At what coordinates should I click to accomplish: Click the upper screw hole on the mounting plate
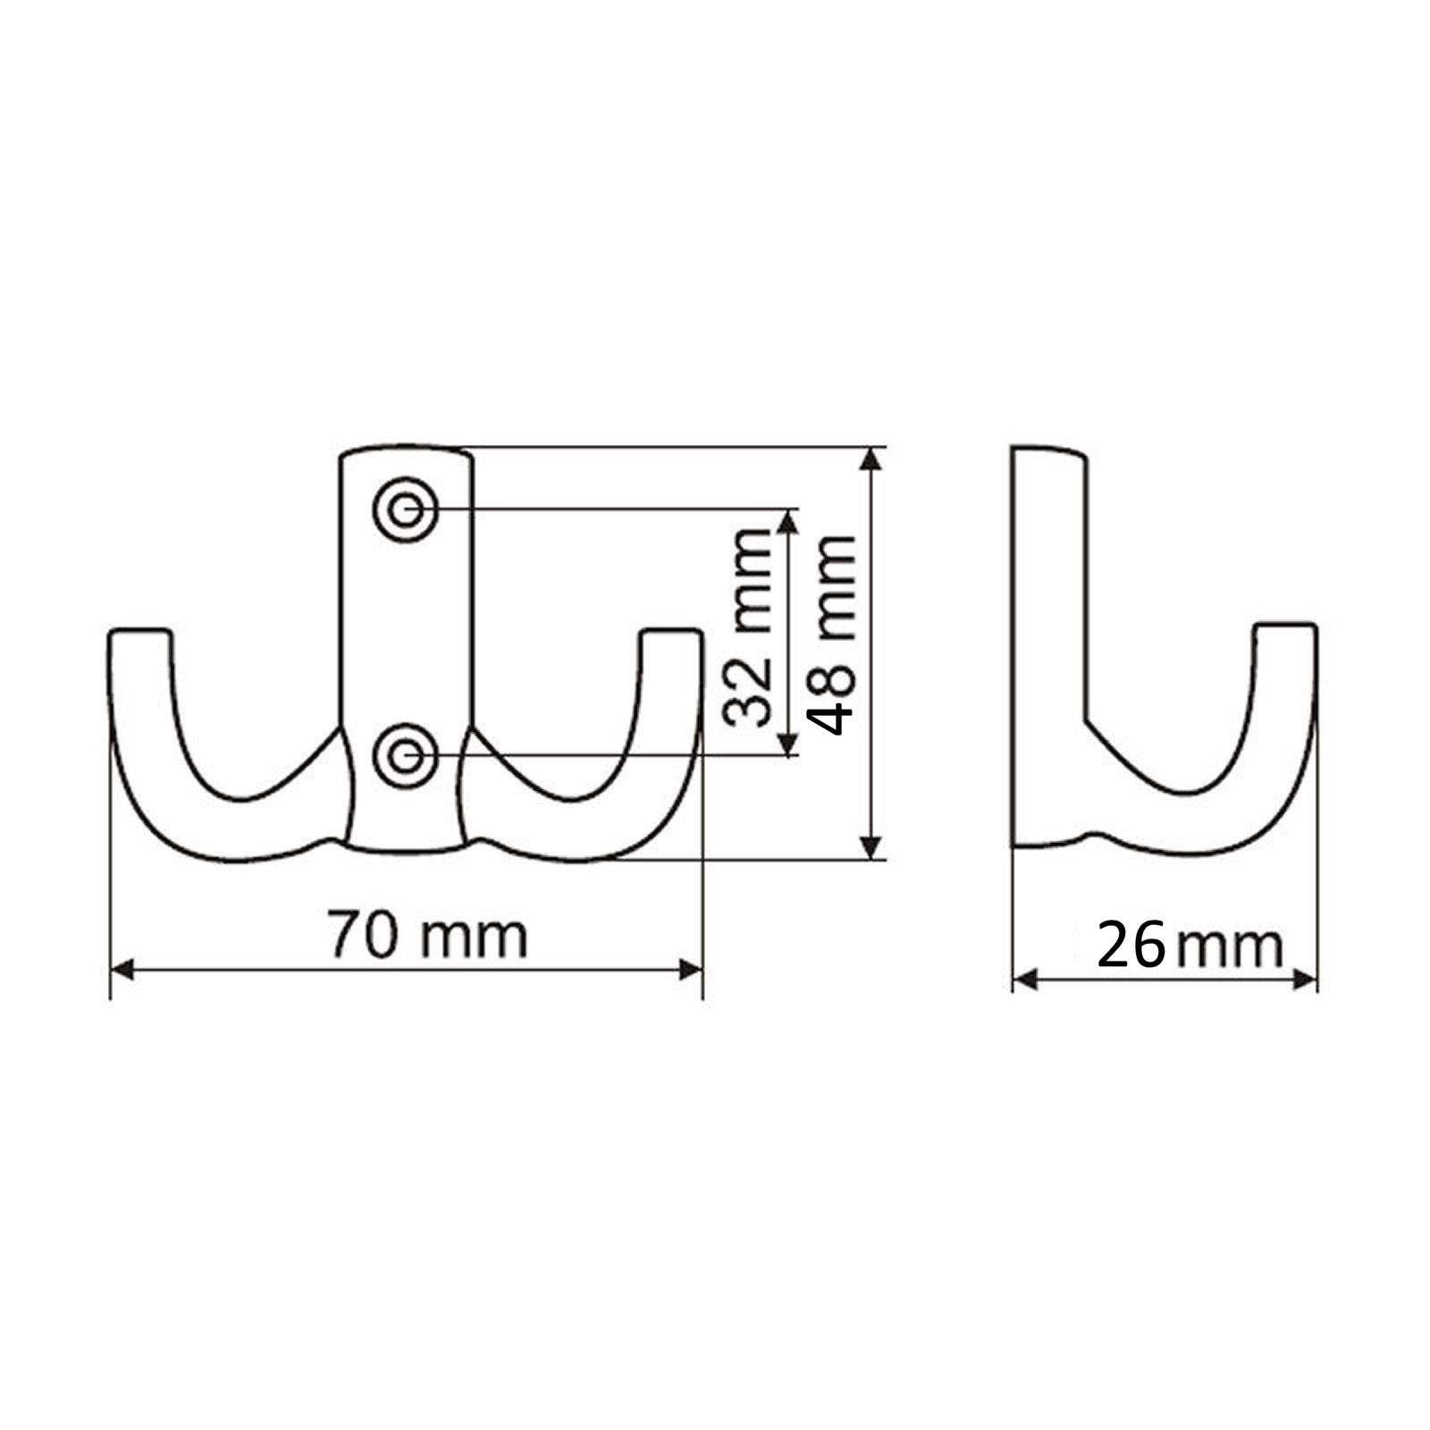click(407, 509)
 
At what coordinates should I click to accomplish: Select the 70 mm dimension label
click(427, 934)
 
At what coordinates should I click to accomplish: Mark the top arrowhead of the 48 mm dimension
click(871, 458)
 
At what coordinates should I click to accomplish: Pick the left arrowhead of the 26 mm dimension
click(1024, 980)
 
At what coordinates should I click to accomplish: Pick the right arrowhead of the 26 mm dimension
click(1307, 980)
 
